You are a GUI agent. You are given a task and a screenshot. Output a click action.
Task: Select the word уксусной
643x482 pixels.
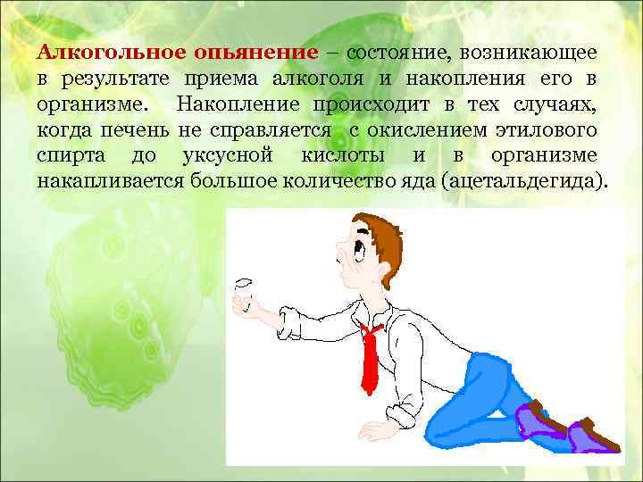point(226,157)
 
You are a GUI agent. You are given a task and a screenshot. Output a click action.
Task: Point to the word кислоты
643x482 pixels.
point(342,157)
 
